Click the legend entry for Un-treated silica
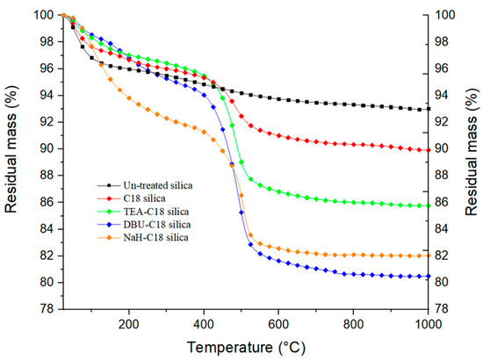(x=145, y=186)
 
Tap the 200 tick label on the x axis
(x=129, y=322)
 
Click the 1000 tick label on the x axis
(x=428, y=322)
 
